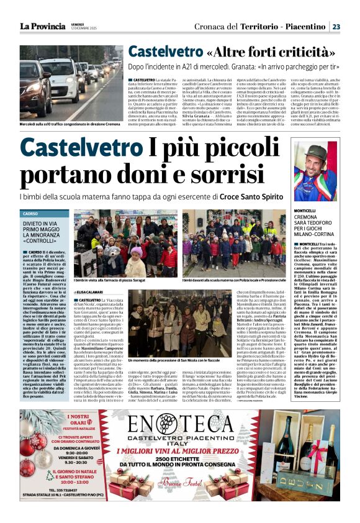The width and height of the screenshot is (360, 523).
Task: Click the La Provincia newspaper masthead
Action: [42, 26]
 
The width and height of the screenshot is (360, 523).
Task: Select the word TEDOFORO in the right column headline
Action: [316, 225]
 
